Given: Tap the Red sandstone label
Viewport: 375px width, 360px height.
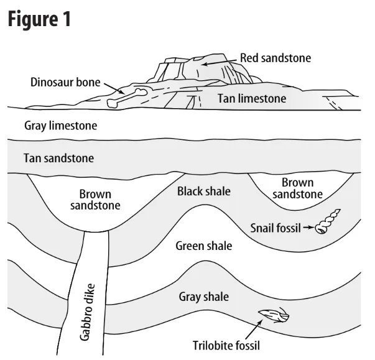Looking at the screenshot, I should (275, 58).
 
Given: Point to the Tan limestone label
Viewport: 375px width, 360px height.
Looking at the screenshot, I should (252, 98).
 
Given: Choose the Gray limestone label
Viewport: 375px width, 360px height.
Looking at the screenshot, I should (61, 126).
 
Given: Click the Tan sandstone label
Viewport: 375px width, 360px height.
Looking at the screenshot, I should (59, 158).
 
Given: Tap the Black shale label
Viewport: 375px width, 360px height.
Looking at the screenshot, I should (203, 192).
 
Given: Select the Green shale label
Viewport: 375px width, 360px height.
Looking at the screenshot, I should (203, 246).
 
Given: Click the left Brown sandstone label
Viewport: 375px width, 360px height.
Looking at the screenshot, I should (100, 199).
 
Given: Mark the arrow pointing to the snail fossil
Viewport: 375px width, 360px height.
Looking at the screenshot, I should (307, 228).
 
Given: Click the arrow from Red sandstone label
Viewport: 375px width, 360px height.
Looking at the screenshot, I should (219, 62).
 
